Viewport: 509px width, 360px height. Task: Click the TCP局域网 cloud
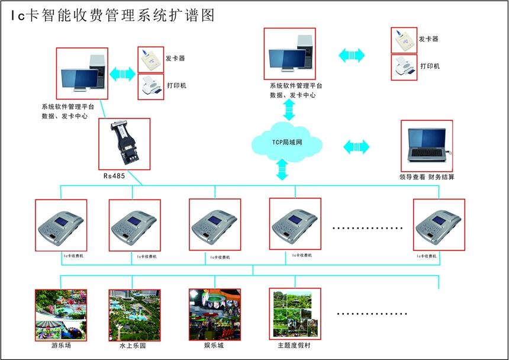pyautogui.click(x=287, y=142)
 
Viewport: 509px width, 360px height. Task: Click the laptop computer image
pyautogui.click(x=427, y=146)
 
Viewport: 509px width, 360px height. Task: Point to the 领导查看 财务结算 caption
pyautogui.click(x=427, y=177)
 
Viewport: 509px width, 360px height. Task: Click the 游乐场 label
pyautogui.click(x=60, y=345)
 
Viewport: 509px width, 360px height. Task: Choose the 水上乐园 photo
pyautogui.click(x=135, y=314)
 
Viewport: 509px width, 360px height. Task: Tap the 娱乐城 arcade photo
pyautogui.click(x=214, y=314)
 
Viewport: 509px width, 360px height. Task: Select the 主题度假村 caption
pyautogui.click(x=294, y=345)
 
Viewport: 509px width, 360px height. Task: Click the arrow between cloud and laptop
pyautogui.click(x=356, y=146)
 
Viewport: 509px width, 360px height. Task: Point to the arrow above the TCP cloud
pyautogui.click(x=289, y=110)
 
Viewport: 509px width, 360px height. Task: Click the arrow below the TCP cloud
pyautogui.click(x=282, y=170)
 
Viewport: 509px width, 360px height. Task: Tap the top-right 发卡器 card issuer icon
pyautogui.click(x=404, y=40)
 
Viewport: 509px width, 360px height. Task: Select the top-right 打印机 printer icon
pyautogui.click(x=404, y=67)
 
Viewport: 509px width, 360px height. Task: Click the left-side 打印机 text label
pyautogui.click(x=176, y=86)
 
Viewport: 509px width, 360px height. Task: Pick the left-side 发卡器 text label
pyautogui.click(x=176, y=59)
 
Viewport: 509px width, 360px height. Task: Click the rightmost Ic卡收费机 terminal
pyautogui.click(x=439, y=224)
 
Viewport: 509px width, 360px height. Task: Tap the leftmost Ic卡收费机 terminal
pyautogui.click(x=60, y=224)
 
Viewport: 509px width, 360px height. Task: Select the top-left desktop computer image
pyautogui.click(x=82, y=73)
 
